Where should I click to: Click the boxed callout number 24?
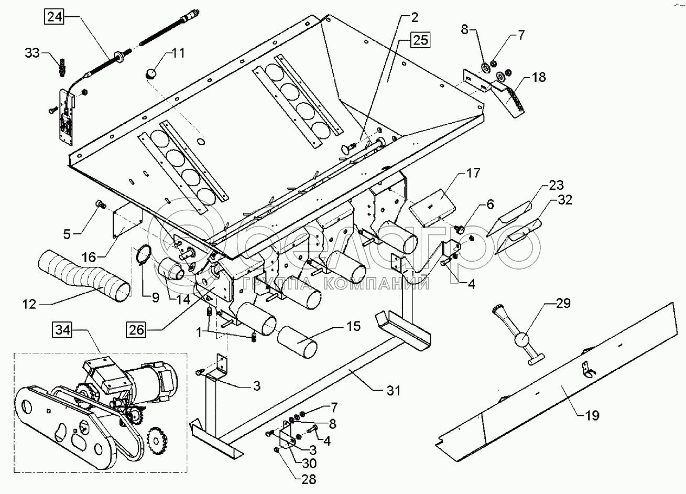[x=54, y=17]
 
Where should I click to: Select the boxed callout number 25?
[x=420, y=40]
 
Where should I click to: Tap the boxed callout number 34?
[x=62, y=331]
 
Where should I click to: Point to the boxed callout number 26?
[x=136, y=330]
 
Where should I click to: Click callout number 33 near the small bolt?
[x=32, y=52]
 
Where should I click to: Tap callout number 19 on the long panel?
[x=593, y=415]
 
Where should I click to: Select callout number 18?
[x=539, y=78]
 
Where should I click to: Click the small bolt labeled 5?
[x=99, y=203]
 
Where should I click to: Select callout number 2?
[x=414, y=18]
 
